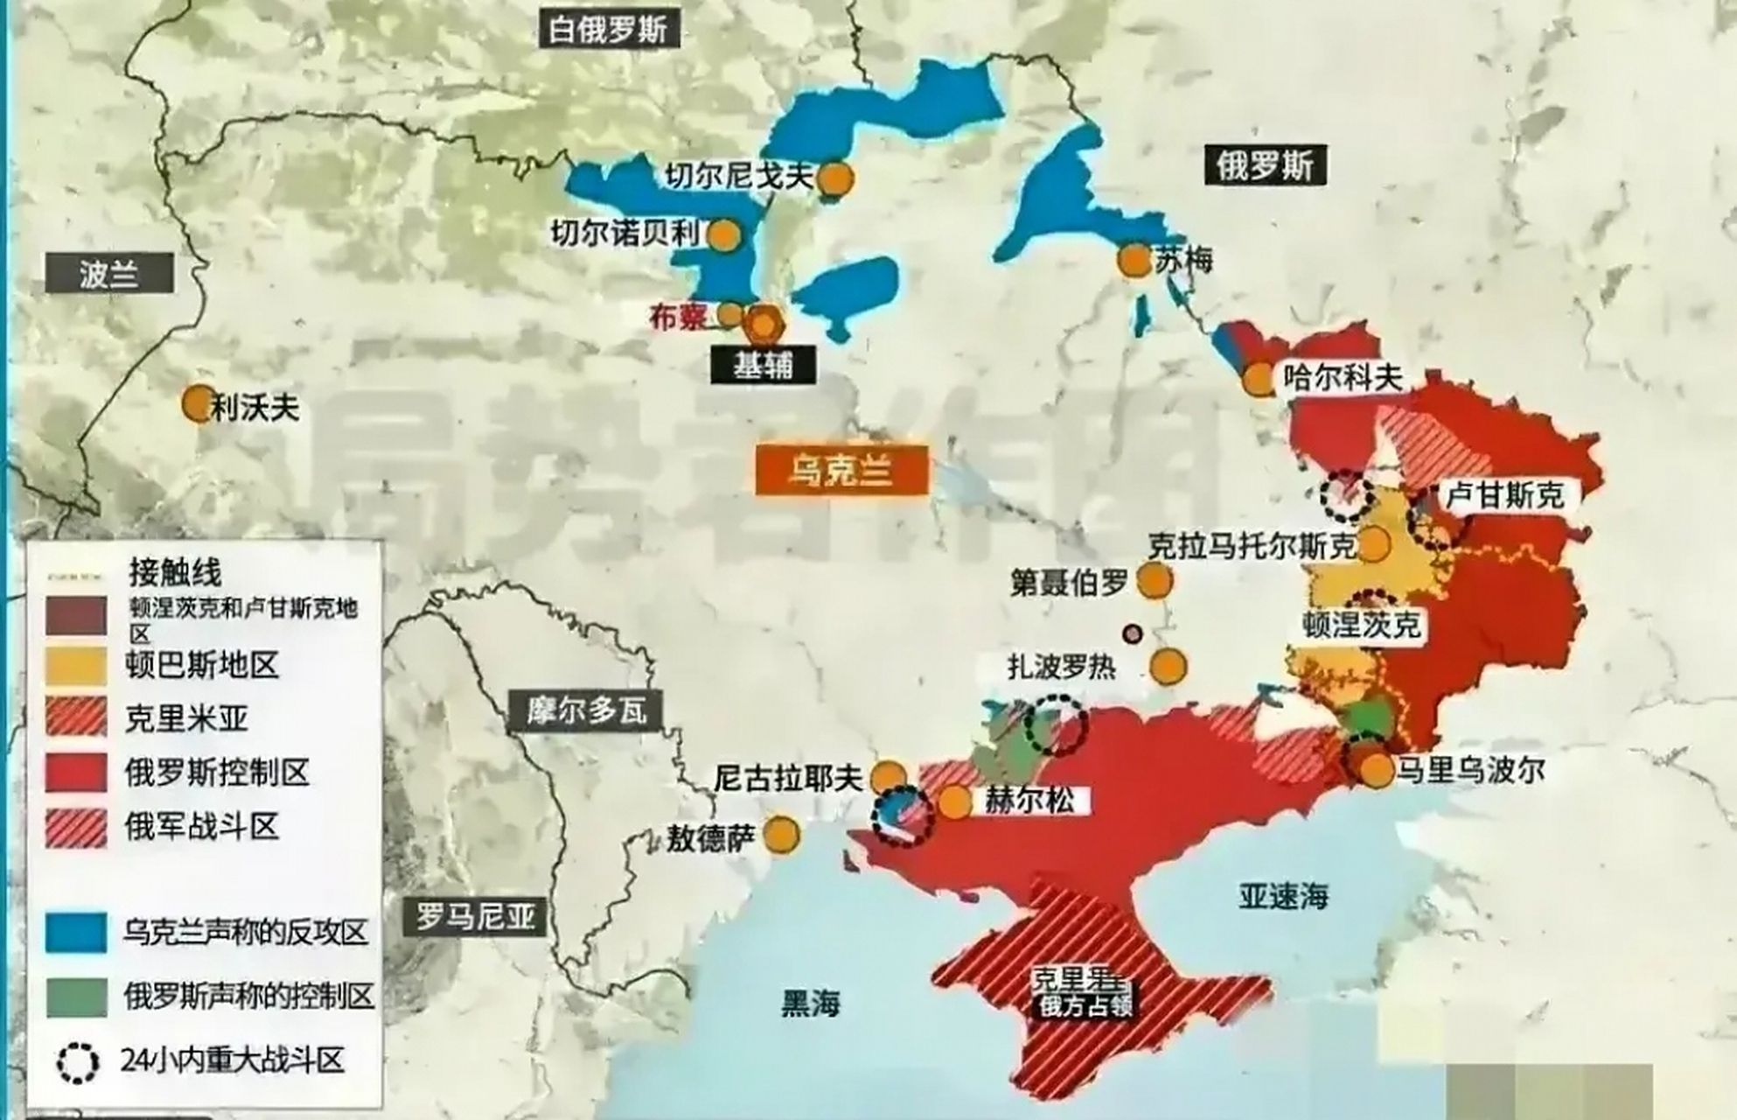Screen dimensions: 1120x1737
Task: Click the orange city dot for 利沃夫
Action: (199, 404)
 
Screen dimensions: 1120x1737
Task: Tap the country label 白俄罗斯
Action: (609, 29)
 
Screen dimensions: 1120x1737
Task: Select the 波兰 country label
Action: (109, 274)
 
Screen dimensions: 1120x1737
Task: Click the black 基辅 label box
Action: (763, 365)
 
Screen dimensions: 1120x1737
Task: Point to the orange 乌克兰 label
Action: (841, 471)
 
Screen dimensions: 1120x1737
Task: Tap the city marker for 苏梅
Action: (1134, 261)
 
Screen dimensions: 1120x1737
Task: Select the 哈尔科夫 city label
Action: (1343, 378)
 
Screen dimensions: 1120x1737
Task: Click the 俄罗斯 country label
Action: (1265, 164)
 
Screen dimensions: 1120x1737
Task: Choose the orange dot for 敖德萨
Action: (781, 835)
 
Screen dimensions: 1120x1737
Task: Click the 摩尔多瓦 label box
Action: (585, 710)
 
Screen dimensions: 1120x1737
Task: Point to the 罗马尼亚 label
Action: (474, 918)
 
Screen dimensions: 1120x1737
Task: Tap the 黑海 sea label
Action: (810, 1004)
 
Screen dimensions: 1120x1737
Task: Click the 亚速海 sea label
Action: (1282, 895)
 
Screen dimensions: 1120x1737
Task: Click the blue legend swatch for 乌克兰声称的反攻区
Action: (76, 933)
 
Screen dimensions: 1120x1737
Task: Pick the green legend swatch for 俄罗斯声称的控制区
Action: (76, 997)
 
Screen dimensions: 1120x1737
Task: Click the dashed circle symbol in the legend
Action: (78, 1062)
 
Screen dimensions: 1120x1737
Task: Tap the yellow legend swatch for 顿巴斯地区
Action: (76, 667)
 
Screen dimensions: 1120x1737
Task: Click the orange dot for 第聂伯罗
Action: (1155, 580)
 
